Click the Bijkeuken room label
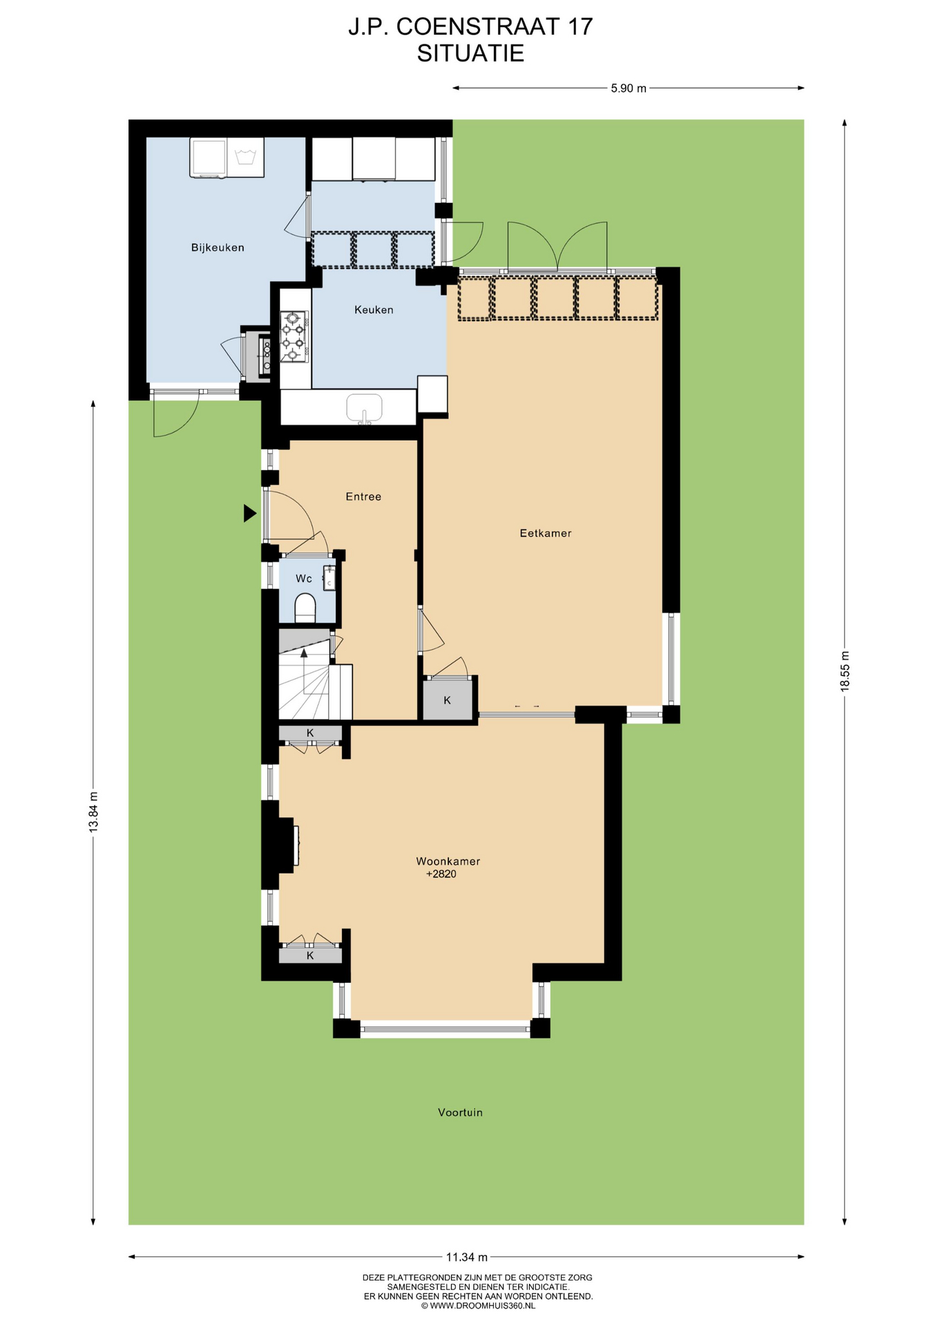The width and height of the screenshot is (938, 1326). tap(218, 247)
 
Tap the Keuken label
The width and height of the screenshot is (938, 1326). tap(374, 310)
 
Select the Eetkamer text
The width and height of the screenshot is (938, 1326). tap(546, 533)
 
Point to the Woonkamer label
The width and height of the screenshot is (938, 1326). tap(448, 861)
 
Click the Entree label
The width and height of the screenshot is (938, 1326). tap(363, 497)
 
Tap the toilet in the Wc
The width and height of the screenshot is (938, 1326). tap(305, 608)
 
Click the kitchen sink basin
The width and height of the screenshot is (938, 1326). tap(364, 407)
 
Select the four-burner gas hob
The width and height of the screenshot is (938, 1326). tap(293, 336)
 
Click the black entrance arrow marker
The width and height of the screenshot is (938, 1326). tap(249, 513)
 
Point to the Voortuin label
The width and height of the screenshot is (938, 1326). tap(460, 1112)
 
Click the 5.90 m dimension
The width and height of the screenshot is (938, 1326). tap(629, 88)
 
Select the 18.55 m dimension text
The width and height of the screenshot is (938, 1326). tap(844, 671)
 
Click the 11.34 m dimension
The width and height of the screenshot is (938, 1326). tap(467, 1257)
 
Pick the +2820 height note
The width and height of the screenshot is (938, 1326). tap(441, 874)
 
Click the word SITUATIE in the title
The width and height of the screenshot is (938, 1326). tap(470, 53)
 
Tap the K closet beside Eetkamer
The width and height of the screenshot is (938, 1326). tap(447, 700)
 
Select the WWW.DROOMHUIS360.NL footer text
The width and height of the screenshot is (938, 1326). tap(482, 1306)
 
